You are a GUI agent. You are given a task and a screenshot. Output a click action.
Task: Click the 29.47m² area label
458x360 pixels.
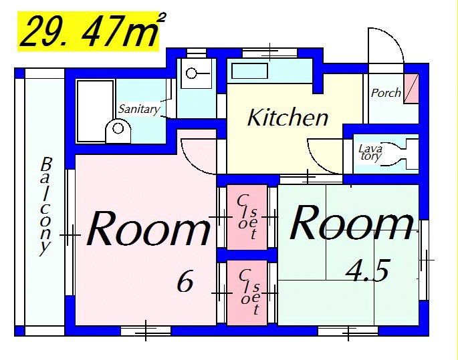pyautogui.click(x=93, y=31)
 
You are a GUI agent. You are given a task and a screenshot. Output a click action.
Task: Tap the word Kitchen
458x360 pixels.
pyautogui.click(x=288, y=118)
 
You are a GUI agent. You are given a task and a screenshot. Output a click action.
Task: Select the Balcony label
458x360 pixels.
pyautogui.click(x=45, y=206)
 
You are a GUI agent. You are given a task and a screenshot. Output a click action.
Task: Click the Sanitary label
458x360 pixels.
pyautogui.click(x=139, y=109)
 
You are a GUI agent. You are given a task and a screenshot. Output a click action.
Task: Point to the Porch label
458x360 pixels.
pyautogui.click(x=386, y=93)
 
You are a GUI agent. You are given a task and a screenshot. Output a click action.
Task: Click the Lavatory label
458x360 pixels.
pyautogui.click(x=370, y=152)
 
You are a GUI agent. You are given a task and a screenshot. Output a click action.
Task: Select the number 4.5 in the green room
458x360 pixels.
pyautogui.click(x=368, y=271)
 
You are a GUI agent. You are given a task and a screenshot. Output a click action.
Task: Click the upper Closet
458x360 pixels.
pyautogui.click(x=247, y=217)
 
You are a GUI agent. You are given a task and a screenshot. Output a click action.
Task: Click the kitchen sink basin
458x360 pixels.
pyautogui.click(x=250, y=71)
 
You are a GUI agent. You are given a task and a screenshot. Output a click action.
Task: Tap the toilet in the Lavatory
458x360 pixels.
pyautogui.click(x=400, y=154)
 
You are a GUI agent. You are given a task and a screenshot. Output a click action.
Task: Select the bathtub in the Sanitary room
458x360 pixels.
pyautogui.click(x=95, y=111)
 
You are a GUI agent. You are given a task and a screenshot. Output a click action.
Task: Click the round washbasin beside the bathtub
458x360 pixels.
pyautogui.click(x=118, y=131)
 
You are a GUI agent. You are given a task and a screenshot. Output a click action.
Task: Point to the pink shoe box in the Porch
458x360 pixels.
pyautogui.click(x=411, y=88)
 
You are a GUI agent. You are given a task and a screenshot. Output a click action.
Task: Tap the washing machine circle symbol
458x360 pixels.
pyautogui.click(x=191, y=73)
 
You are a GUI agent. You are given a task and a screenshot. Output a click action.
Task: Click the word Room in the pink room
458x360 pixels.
pyautogui.click(x=148, y=228)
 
